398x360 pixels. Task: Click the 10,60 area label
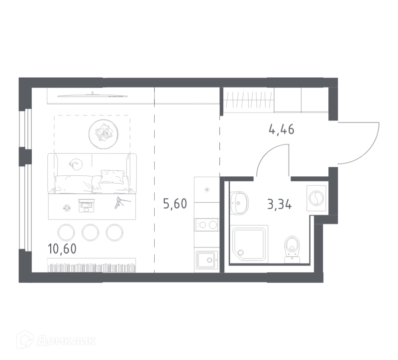[62, 249]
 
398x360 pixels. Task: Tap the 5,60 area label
[175, 204]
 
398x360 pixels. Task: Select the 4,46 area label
[282, 129]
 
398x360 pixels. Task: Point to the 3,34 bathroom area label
[280, 204]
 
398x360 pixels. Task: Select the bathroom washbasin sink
[239, 203]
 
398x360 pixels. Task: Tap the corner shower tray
[250, 243]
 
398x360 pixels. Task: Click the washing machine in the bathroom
[316, 198]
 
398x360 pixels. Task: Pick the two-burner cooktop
[207, 225]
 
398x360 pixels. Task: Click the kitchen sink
[207, 260]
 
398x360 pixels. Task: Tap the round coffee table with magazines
[103, 134]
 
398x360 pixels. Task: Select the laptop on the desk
[87, 206]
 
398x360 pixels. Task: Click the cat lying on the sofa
[76, 164]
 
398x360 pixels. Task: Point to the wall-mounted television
[93, 96]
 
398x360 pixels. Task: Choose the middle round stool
[91, 233]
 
